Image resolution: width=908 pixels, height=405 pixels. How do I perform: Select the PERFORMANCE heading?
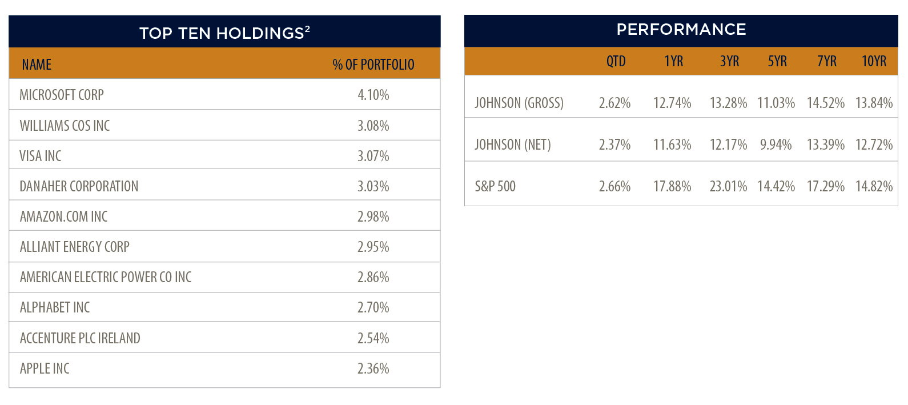tap(681, 29)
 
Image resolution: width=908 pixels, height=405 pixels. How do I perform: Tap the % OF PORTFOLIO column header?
tap(373, 65)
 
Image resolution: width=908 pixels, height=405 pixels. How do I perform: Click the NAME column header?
tap(37, 65)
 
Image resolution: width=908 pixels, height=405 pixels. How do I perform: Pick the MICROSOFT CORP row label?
tap(62, 95)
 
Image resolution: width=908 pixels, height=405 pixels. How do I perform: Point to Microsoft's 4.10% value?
tap(373, 95)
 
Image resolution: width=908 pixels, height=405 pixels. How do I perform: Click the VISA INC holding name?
tap(40, 156)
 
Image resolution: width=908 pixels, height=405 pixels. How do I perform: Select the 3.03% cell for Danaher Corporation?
tap(373, 186)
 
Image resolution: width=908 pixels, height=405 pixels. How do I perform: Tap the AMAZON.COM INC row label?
tap(63, 216)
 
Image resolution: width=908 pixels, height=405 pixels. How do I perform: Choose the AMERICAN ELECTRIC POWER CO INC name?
tap(106, 277)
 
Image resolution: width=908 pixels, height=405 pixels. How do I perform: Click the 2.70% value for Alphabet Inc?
tap(373, 307)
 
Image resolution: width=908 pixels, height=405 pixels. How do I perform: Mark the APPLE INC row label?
tap(45, 368)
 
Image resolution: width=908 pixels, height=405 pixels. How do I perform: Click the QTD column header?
tap(616, 61)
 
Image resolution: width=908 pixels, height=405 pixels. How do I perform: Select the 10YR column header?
tap(874, 61)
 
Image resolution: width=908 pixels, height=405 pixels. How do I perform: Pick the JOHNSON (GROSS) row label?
tap(519, 103)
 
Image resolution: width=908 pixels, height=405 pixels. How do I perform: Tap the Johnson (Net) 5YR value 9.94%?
tap(776, 145)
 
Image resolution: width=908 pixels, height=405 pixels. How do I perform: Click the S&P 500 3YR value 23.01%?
tap(729, 186)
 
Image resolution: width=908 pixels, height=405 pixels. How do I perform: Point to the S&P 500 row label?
tap(495, 186)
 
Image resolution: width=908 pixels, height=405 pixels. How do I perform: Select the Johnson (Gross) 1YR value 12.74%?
tap(672, 103)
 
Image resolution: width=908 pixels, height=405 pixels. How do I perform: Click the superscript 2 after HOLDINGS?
tap(307, 29)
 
